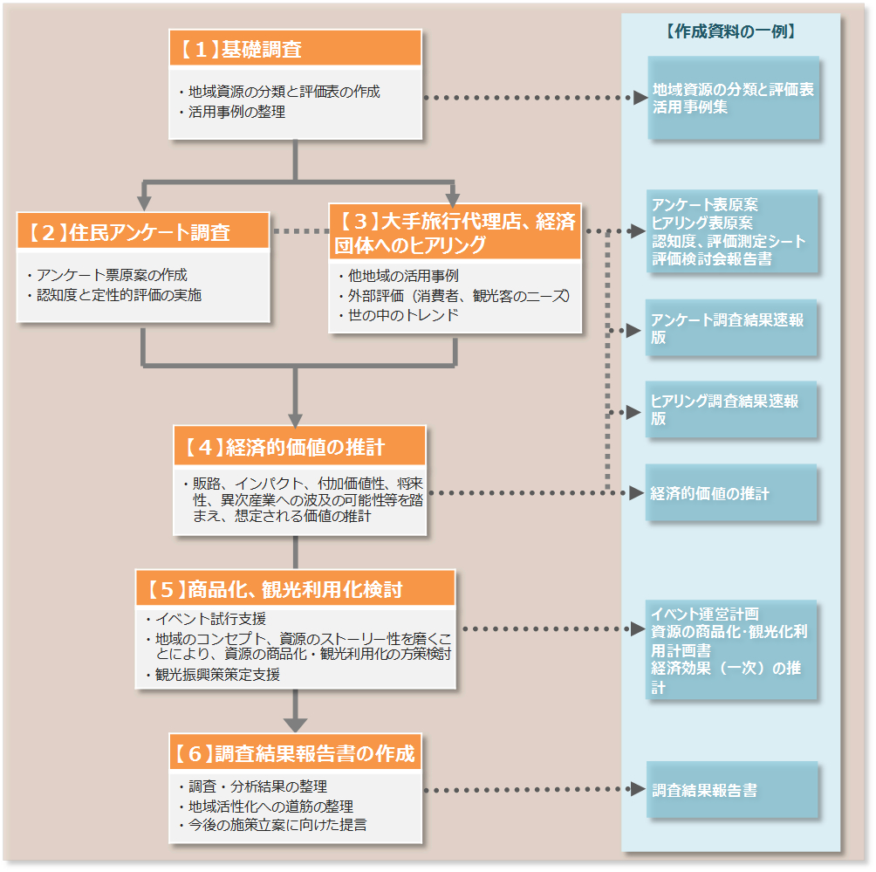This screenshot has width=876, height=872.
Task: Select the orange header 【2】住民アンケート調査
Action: pos(143,232)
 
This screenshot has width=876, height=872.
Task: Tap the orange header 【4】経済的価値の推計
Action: pos(299,447)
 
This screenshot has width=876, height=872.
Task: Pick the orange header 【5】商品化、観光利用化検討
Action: pos(295,589)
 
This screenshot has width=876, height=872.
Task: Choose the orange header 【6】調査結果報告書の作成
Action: pos(295,752)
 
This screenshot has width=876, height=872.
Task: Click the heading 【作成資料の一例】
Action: pos(730,31)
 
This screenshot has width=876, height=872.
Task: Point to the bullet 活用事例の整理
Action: pos(236,112)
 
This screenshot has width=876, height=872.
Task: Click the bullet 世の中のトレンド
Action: pos(402,315)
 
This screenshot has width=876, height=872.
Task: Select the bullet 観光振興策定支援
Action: pos(217,674)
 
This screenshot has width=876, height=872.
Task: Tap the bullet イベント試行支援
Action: pos(210,619)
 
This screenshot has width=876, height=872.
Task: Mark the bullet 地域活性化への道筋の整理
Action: pos(270,806)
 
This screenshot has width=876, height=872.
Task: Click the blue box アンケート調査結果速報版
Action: pos(731,328)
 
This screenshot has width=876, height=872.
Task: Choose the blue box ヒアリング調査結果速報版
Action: pos(731,409)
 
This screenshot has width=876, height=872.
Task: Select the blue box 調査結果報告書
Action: pos(731,790)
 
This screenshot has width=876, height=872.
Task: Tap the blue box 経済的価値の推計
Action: pos(731,493)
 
